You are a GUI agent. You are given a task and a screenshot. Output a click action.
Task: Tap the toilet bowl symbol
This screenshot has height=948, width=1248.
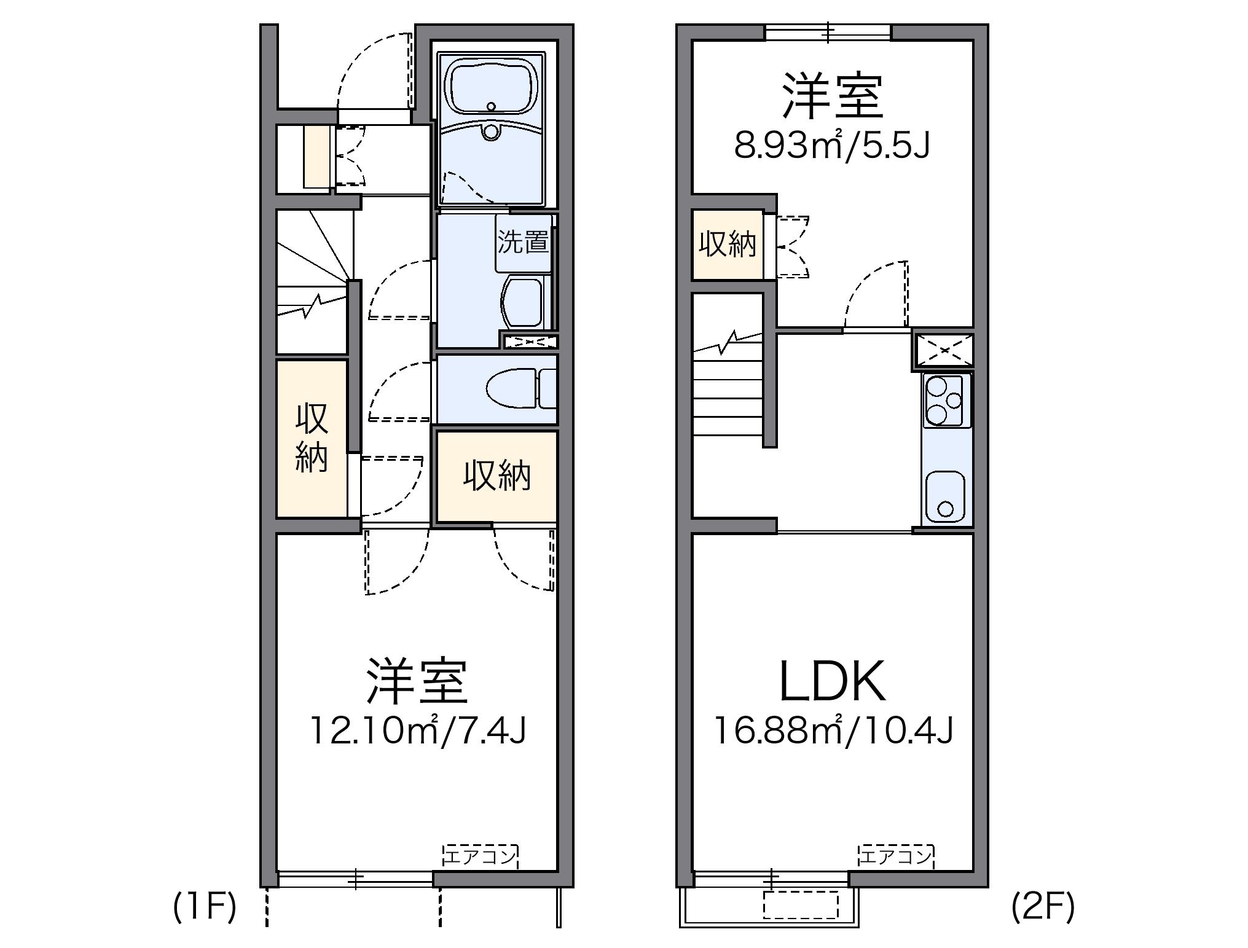(x=511, y=388)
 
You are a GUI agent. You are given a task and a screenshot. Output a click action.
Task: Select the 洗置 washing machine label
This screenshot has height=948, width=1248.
(x=523, y=242)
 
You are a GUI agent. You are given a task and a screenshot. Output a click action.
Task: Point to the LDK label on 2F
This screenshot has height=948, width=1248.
(x=832, y=681)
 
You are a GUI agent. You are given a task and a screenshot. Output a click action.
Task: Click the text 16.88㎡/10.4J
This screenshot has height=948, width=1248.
(x=833, y=731)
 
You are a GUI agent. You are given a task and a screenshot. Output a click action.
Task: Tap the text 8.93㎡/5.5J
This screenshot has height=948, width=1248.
(x=832, y=146)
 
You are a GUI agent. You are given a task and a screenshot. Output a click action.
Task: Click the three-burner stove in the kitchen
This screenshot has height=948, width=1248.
(x=946, y=400)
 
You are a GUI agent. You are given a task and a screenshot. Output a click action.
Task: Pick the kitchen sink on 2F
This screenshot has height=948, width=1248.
(x=945, y=497)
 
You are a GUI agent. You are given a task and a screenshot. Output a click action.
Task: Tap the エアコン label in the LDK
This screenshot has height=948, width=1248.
(x=896, y=856)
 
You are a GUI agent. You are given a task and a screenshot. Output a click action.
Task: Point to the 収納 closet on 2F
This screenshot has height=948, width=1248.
(x=728, y=245)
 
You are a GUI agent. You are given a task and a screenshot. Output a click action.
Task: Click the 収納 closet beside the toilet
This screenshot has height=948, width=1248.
(x=496, y=475)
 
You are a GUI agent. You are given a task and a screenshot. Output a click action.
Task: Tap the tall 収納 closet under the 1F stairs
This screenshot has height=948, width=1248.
(x=312, y=437)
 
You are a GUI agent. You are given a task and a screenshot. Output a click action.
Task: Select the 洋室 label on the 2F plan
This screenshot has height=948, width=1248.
(x=832, y=97)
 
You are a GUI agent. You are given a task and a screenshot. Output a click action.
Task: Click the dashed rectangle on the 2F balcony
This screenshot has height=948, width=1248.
(x=801, y=904)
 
